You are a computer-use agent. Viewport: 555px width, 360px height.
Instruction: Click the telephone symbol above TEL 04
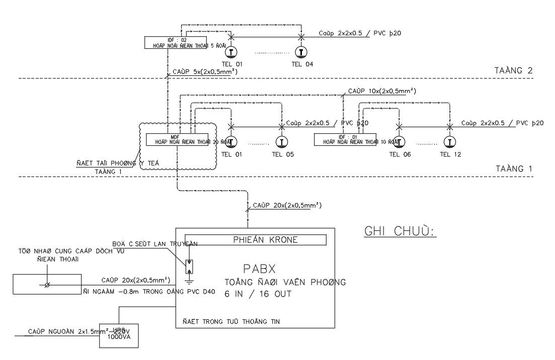(301, 52)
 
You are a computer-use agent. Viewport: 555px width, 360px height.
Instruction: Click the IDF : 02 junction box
(176, 43)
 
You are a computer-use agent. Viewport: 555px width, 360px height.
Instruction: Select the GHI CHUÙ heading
(399, 231)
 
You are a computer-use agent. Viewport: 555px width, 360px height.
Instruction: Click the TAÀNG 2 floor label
(513, 70)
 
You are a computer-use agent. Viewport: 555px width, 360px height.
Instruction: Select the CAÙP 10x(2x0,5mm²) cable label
(382, 91)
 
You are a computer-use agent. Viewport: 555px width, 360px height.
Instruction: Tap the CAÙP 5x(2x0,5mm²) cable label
(205, 72)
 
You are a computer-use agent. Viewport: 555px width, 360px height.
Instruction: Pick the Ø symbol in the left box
(47, 285)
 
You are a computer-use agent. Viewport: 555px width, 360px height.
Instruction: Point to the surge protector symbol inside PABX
(189, 267)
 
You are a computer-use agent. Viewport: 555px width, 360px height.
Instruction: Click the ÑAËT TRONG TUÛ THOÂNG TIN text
(231, 321)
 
